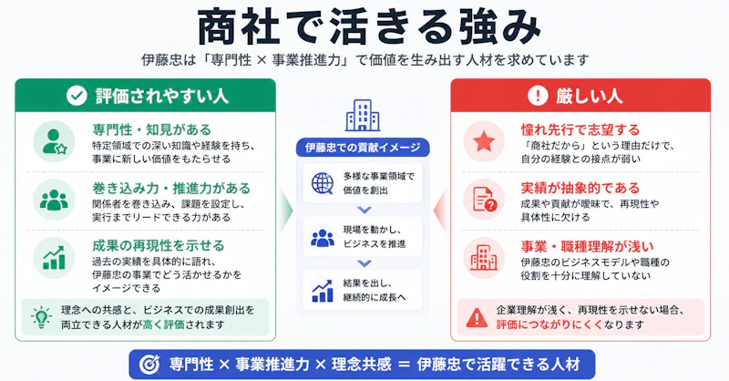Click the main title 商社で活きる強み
[x=370, y=26]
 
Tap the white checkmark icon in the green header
[x=77, y=96]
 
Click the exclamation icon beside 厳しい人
[x=538, y=96]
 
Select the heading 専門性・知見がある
[x=151, y=129]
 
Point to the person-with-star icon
[x=55, y=142]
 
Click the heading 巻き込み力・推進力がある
[x=171, y=189]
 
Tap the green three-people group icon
[x=54, y=200]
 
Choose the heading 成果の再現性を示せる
[x=158, y=245]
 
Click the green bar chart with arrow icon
[x=54, y=258]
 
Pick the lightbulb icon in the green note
[x=41, y=317]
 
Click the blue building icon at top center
[x=363, y=116]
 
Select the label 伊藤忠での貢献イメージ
[x=363, y=148]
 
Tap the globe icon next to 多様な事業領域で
[x=323, y=183]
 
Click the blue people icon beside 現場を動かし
[x=323, y=238]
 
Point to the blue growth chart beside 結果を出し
[x=323, y=291]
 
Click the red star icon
[x=484, y=141]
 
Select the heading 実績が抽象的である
[x=580, y=188]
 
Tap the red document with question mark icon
[x=485, y=200]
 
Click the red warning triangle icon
[x=477, y=318]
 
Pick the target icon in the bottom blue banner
[x=149, y=365]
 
